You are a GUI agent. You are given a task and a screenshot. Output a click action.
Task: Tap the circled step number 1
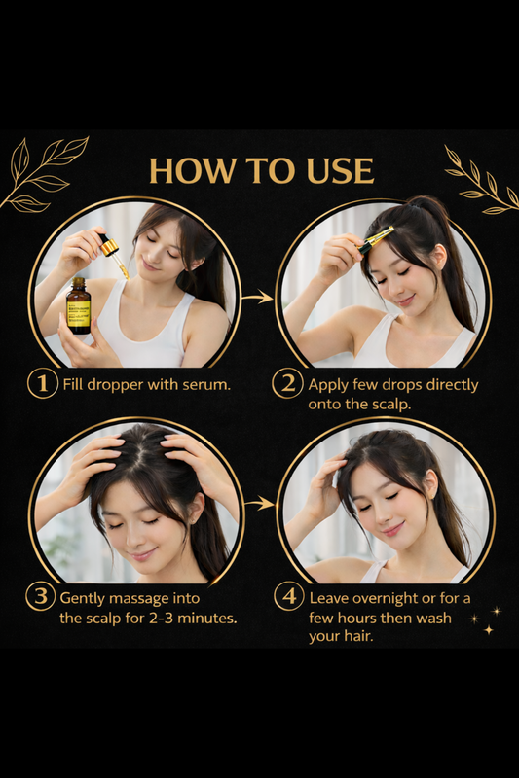(x=41, y=383)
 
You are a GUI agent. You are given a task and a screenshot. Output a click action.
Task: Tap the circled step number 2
(x=287, y=383)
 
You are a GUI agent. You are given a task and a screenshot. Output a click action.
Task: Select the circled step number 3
(x=41, y=596)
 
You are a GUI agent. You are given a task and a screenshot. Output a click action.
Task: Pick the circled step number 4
(x=287, y=596)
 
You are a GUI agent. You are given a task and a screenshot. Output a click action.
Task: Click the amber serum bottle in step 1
(x=80, y=305)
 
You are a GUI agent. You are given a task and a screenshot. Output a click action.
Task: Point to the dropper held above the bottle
(x=112, y=251)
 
